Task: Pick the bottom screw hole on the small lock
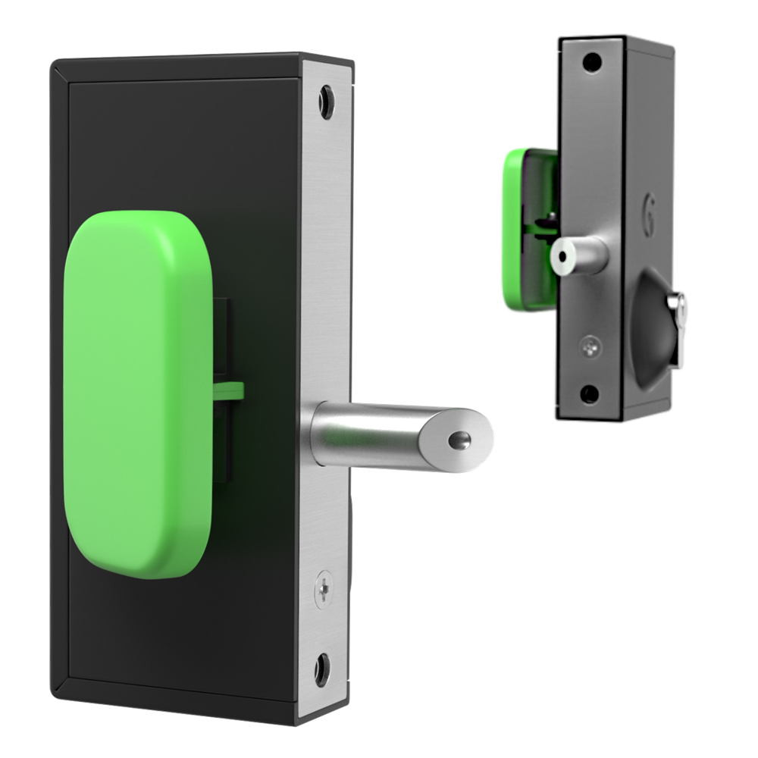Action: coord(589,393)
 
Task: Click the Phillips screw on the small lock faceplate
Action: coord(590,346)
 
